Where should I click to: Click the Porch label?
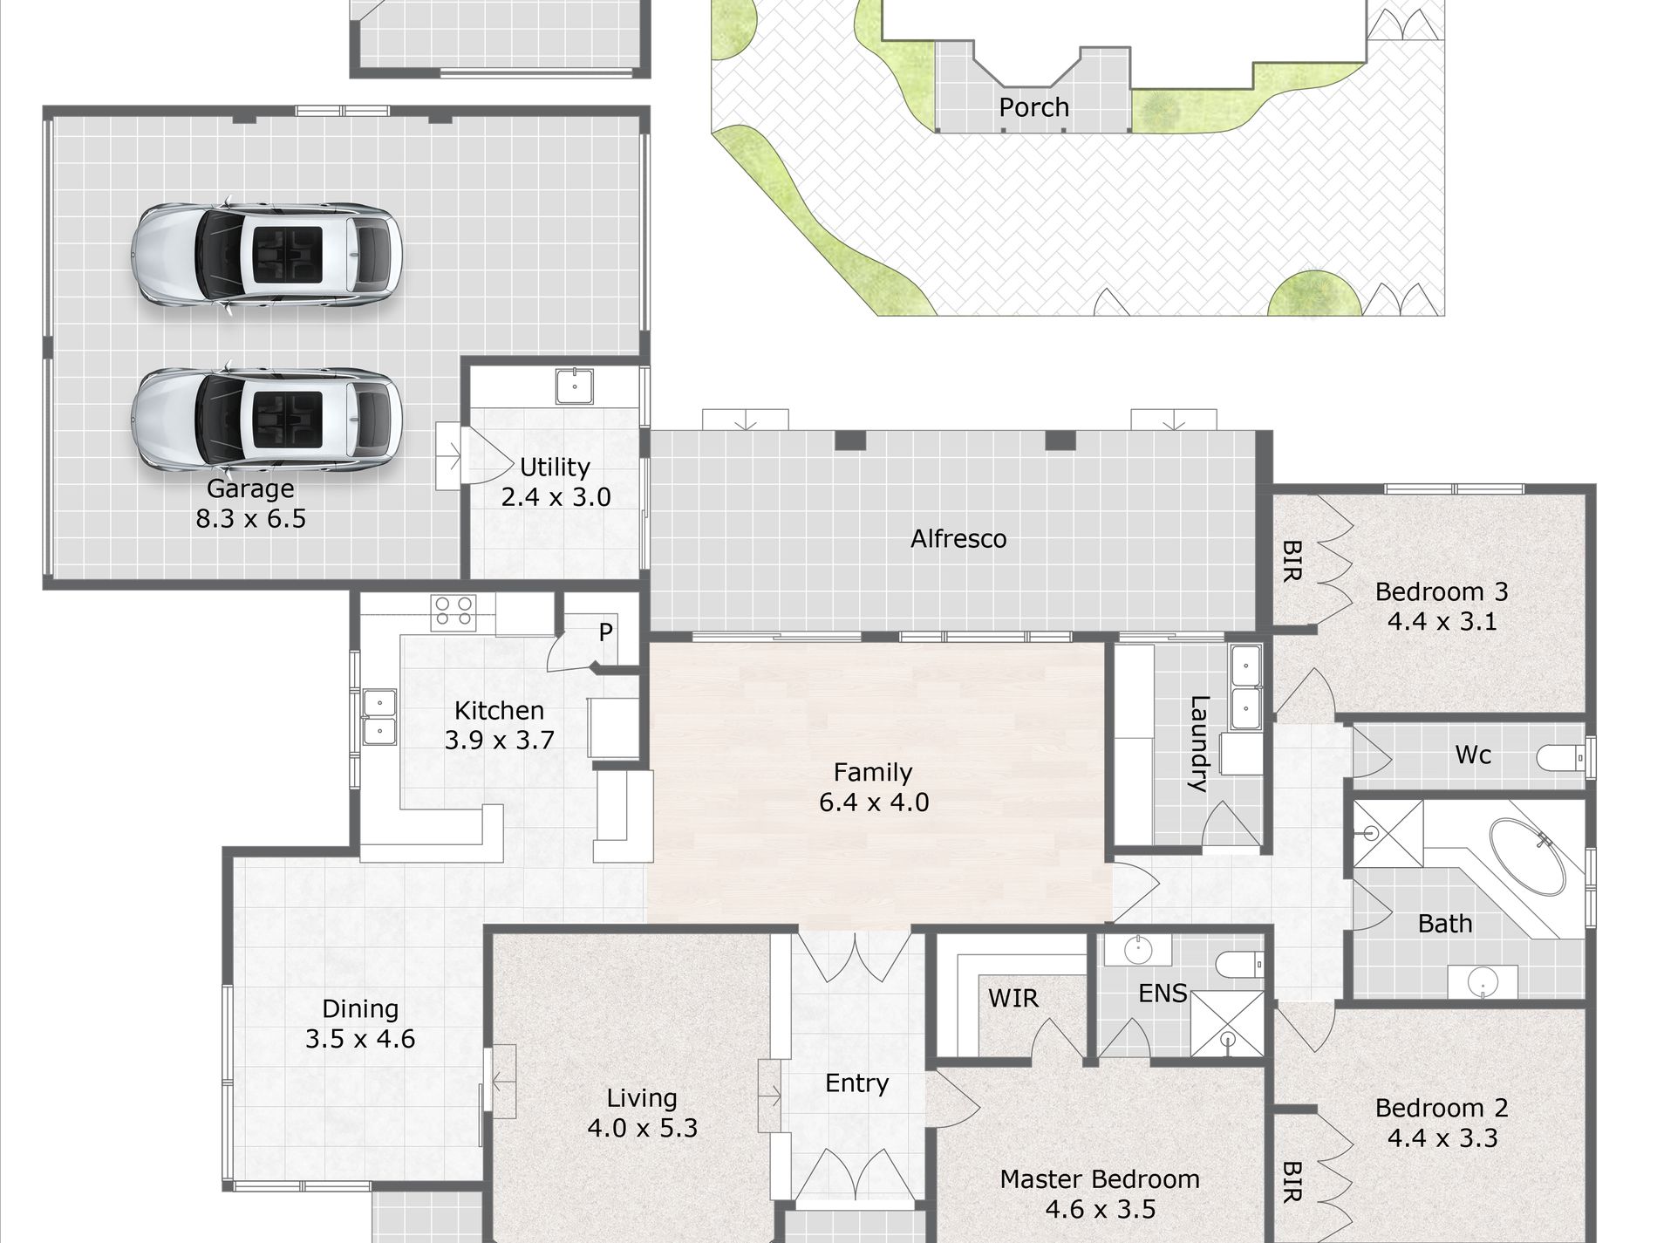click(1033, 107)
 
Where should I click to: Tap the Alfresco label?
click(958, 539)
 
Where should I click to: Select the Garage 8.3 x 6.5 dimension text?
click(251, 519)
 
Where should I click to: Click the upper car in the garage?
click(266, 255)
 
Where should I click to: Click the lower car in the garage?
click(266, 419)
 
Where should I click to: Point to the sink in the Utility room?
click(575, 386)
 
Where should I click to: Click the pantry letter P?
click(606, 632)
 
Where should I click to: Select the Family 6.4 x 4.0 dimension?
click(874, 802)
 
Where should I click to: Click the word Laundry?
click(1199, 743)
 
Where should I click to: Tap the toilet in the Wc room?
click(1560, 757)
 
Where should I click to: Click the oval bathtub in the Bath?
click(1526, 856)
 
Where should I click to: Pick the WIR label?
click(1013, 998)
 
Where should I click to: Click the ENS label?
click(1163, 994)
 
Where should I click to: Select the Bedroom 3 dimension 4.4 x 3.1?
click(1442, 621)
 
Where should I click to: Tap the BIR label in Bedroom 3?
click(1292, 561)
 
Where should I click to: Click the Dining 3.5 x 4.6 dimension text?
click(360, 1039)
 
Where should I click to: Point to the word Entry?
click(857, 1083)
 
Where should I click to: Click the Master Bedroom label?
click(1100, 1179)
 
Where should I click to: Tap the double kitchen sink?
click(378, 717)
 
